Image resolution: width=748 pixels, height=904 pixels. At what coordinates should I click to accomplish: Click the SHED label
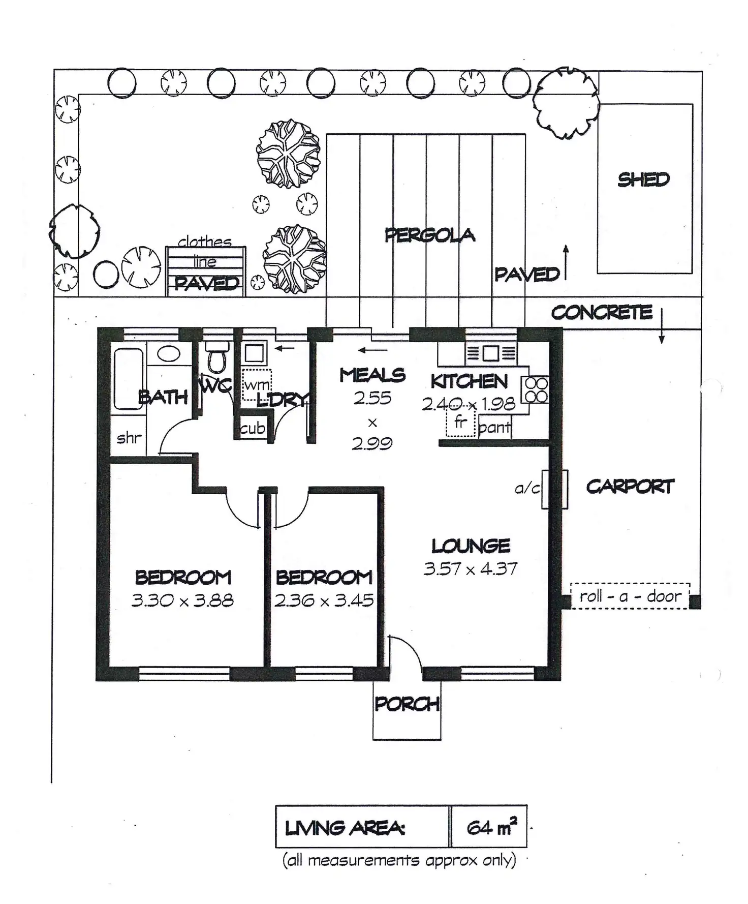[x=643, y=179]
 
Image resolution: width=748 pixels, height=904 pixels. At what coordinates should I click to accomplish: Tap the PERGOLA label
[x=430, y=235]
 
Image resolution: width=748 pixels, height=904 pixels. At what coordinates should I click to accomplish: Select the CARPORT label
[x=630, y=487]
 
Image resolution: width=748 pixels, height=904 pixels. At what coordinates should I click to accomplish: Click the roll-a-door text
[x=630, y=595]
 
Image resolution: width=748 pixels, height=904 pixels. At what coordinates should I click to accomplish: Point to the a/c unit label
[x=527, y=489]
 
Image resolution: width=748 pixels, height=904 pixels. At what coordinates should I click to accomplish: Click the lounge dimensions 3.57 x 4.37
[x=471, y=568]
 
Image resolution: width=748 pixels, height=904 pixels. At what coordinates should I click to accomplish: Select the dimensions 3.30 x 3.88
[x=182, y=600]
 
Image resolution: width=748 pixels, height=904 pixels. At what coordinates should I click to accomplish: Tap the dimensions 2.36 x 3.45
[x=324, y=600]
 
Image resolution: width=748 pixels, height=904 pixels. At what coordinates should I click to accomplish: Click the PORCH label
[x=407, y=704]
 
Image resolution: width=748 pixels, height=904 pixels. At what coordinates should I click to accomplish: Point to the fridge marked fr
[x=461, y=423]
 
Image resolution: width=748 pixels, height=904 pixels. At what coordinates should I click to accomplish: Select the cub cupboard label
[x=253, y=428]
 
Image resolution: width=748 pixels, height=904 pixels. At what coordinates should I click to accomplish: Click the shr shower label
[x=129, y=437]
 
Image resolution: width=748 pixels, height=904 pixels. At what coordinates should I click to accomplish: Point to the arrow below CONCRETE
[x=662, y=325]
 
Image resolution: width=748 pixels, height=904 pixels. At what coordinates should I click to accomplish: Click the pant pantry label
[x=494, y=428]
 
